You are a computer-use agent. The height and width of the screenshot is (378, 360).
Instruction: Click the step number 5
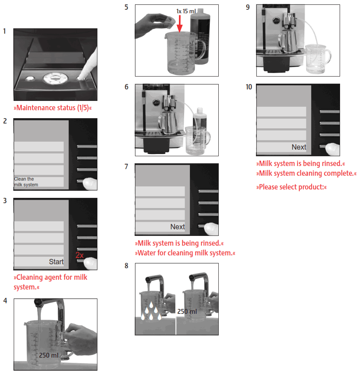[127, 7]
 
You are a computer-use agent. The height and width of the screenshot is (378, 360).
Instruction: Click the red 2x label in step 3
[79, 255]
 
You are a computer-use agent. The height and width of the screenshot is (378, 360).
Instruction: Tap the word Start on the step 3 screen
[56, 262]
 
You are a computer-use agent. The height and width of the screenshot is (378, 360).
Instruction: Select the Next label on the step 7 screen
[178, 227]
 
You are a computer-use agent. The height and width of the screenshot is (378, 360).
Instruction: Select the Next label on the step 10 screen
[299, 147]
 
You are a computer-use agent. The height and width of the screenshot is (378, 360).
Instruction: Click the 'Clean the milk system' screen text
[26, 182]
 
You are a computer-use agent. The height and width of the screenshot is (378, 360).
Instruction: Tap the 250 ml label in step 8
[187, 311]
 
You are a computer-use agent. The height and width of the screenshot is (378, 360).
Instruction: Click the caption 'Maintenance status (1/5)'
[55, 108]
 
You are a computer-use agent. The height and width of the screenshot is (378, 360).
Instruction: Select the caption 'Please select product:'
[291, 187]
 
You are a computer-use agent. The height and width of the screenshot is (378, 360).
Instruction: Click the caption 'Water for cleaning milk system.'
[185, 253]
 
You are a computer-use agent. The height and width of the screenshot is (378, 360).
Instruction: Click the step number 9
[248, 7]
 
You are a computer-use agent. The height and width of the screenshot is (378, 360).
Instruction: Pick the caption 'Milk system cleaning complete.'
[306, 174]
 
